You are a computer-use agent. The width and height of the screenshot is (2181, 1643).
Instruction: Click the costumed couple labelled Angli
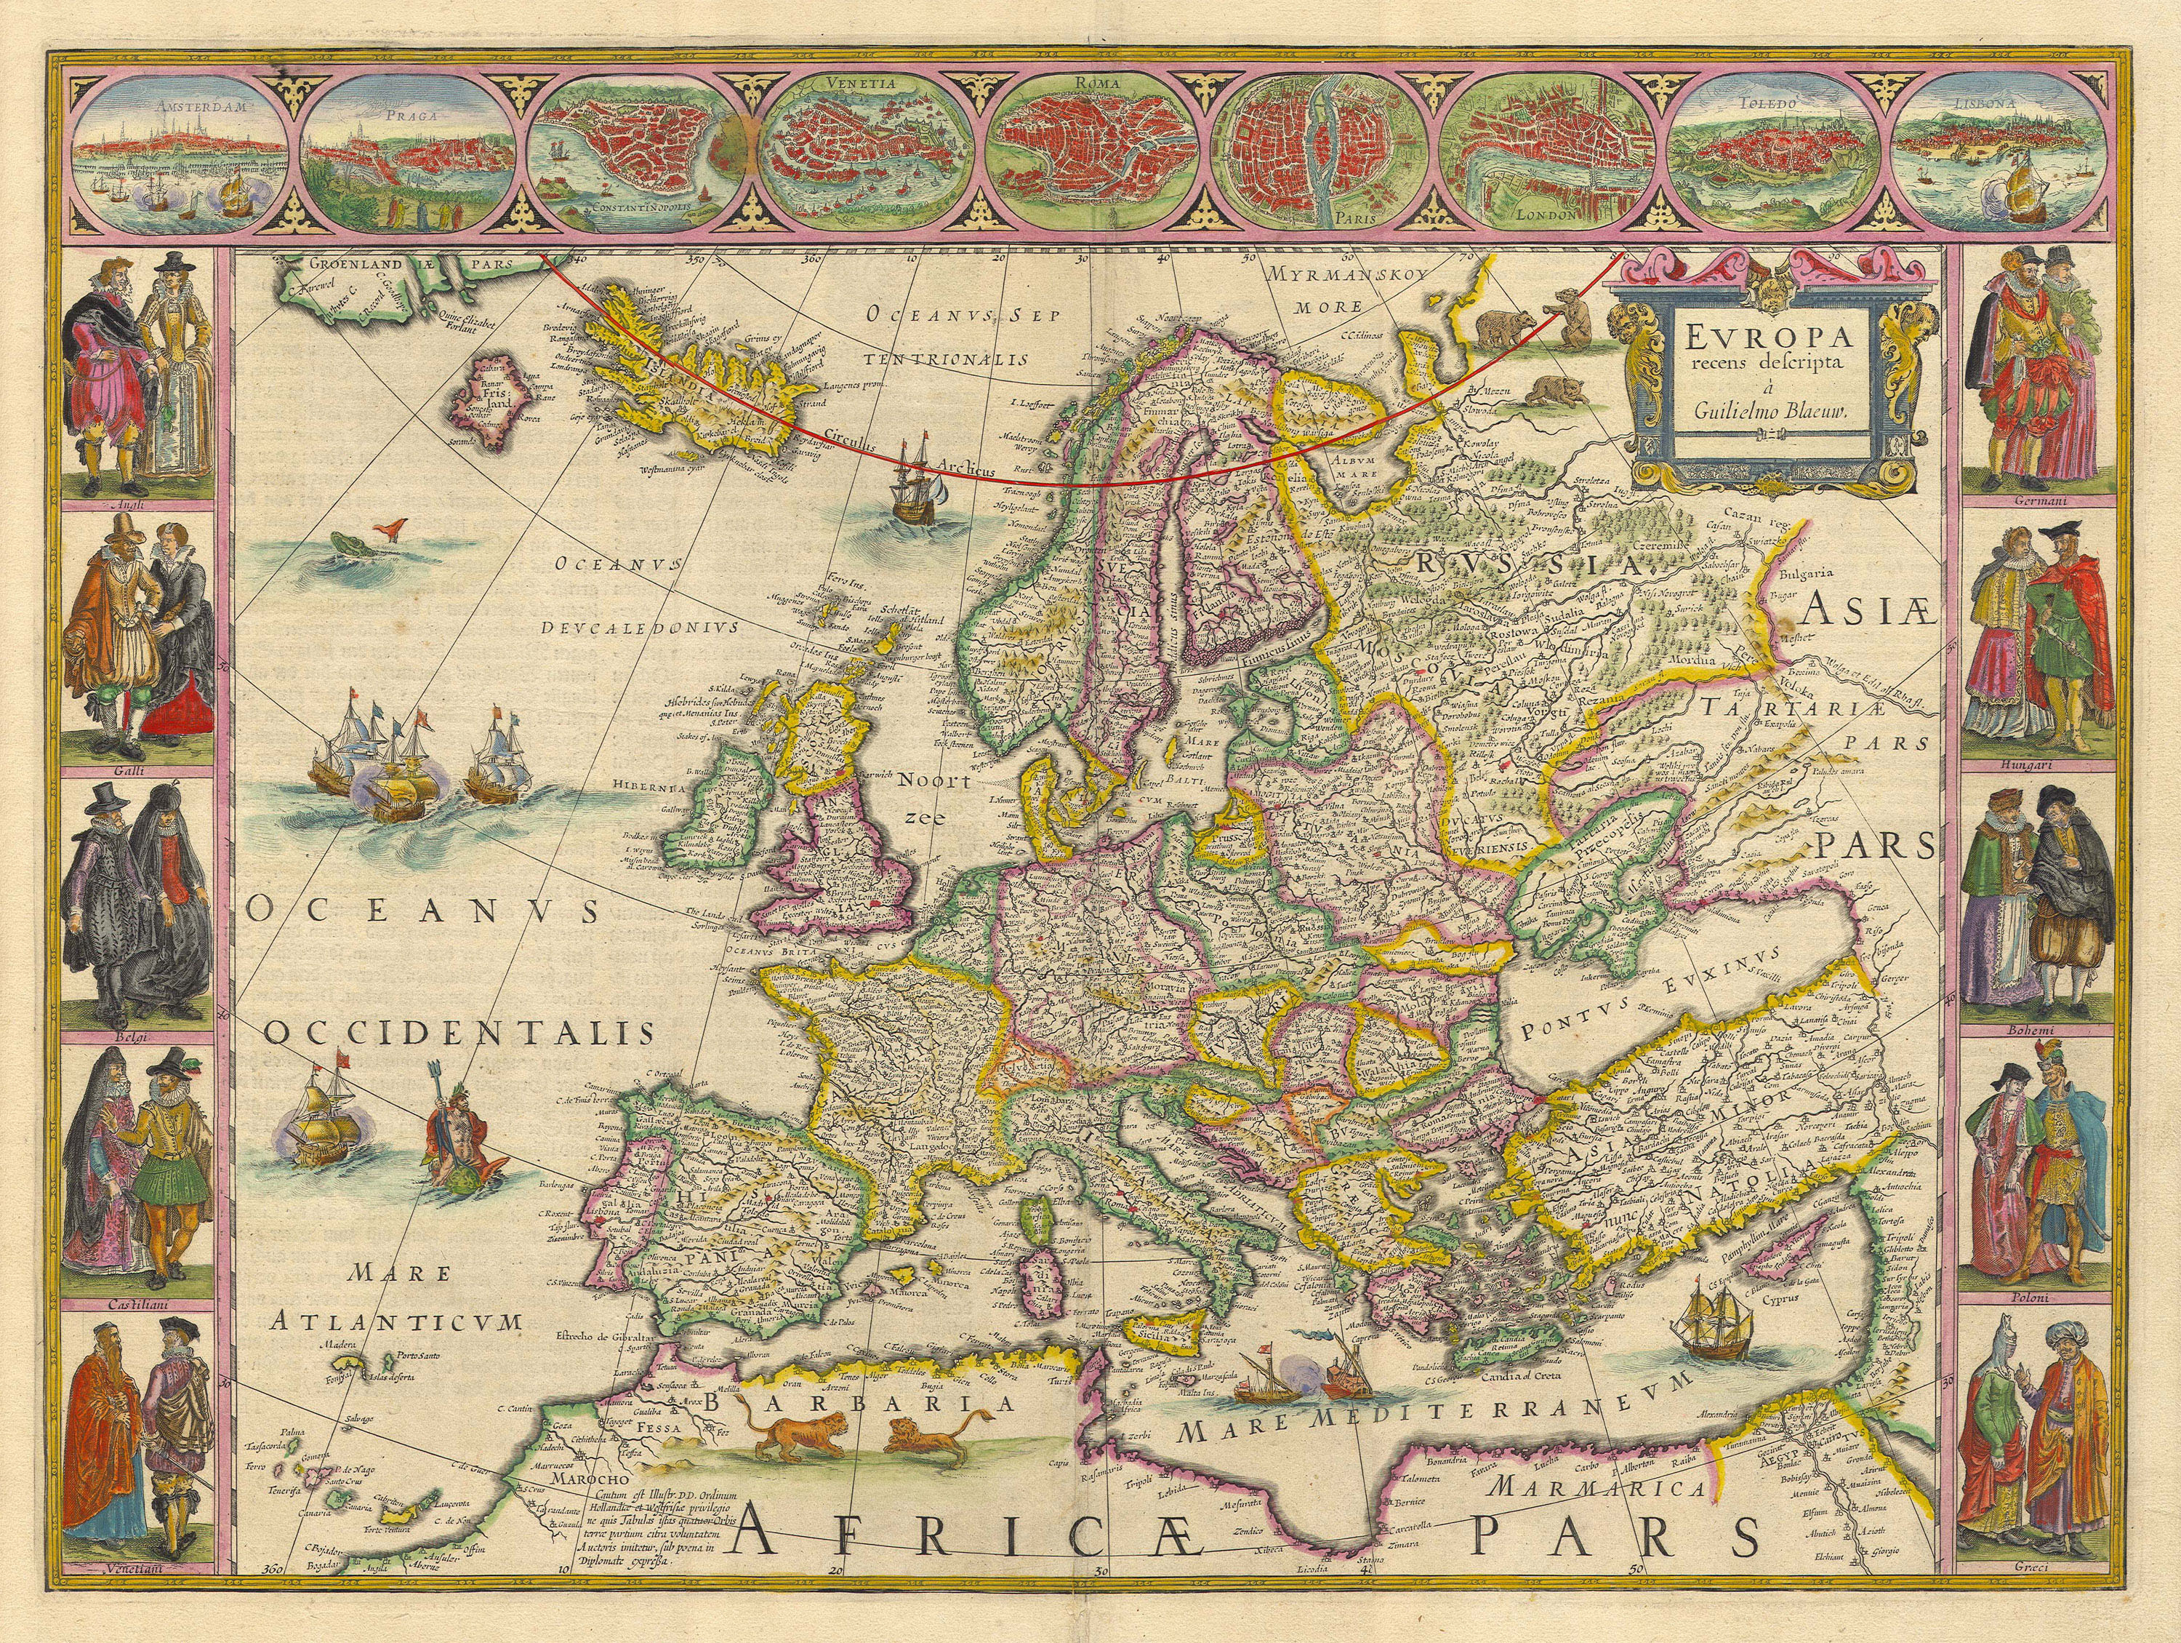(136, 375)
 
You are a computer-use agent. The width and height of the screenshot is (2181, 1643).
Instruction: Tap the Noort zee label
(931, 797)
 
